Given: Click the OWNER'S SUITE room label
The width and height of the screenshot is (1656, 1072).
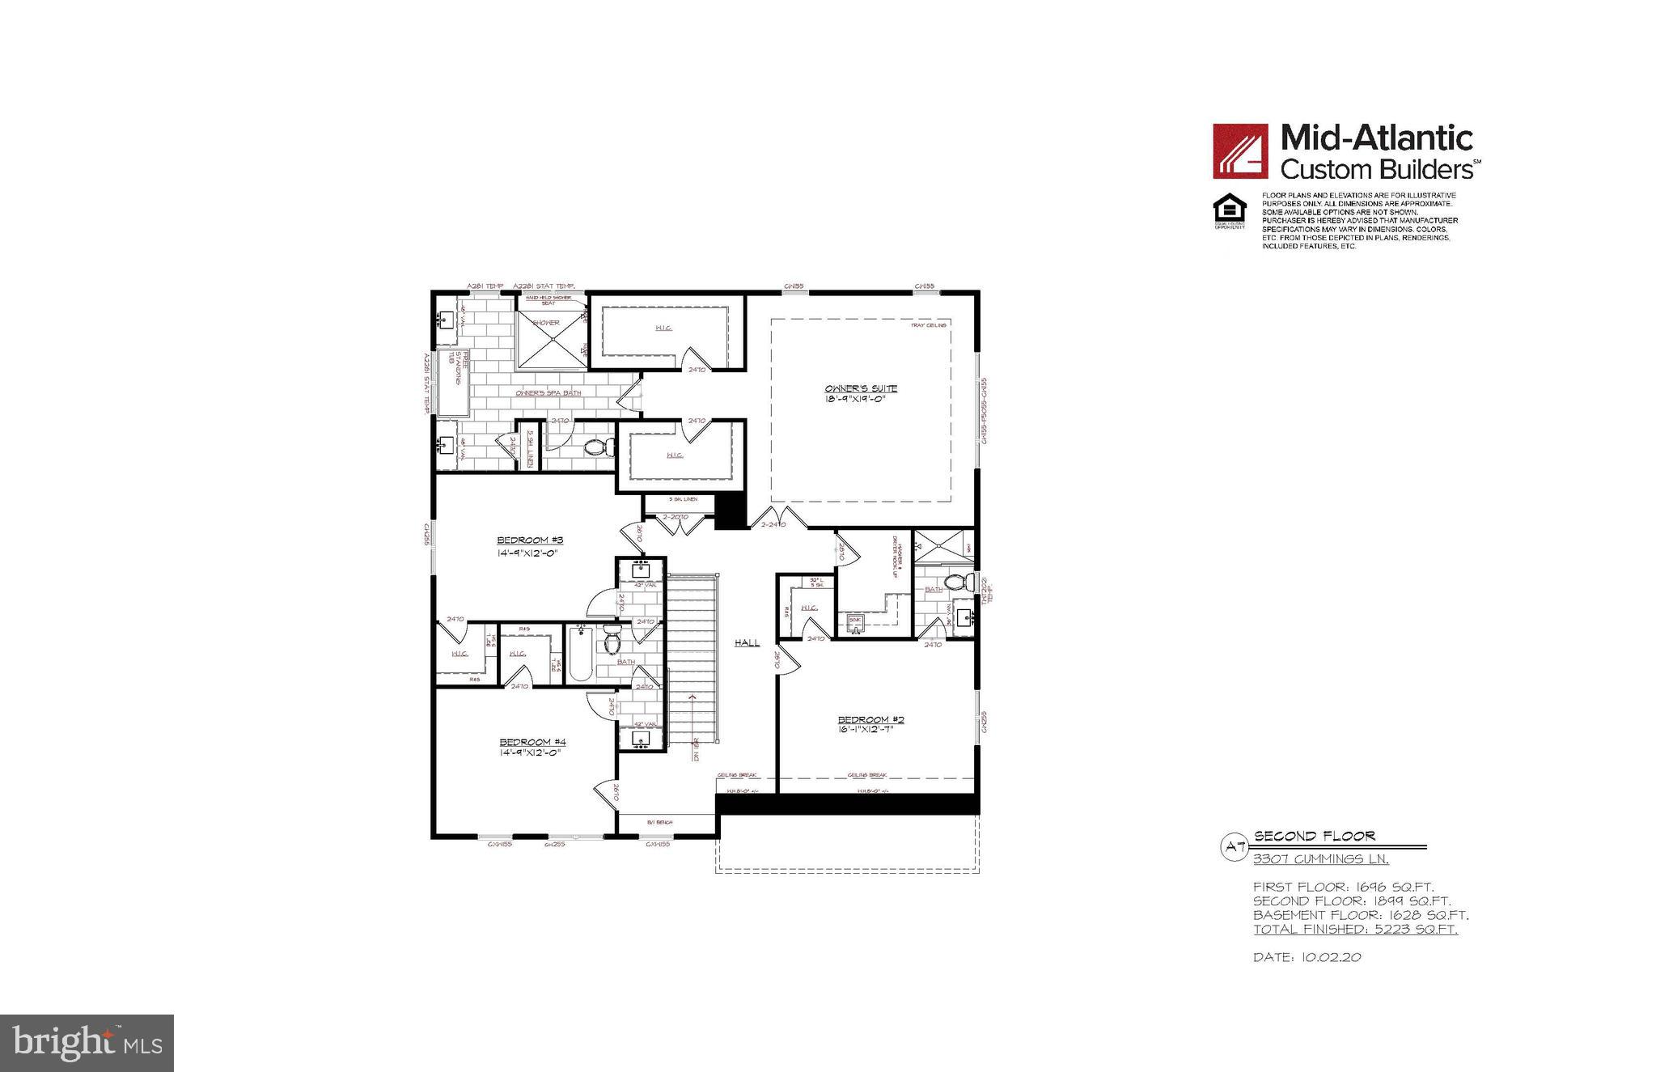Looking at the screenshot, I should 861,389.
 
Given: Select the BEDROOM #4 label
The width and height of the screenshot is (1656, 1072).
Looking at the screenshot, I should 532,742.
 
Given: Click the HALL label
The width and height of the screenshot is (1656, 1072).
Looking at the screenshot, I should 747,643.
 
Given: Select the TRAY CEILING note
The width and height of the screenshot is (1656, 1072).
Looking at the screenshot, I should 928,325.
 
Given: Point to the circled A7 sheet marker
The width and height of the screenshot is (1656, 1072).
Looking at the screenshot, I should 1234,847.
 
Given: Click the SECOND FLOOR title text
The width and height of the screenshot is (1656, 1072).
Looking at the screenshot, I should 1314,837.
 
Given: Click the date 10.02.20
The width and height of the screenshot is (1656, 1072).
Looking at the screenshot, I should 1331,957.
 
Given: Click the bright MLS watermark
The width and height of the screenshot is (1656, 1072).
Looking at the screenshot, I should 87,1043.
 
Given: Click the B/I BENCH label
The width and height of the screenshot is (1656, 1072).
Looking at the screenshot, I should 660,823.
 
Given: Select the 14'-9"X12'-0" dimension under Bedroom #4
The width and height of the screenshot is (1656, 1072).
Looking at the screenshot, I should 530,753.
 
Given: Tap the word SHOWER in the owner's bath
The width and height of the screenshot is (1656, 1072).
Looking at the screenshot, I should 546,323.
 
